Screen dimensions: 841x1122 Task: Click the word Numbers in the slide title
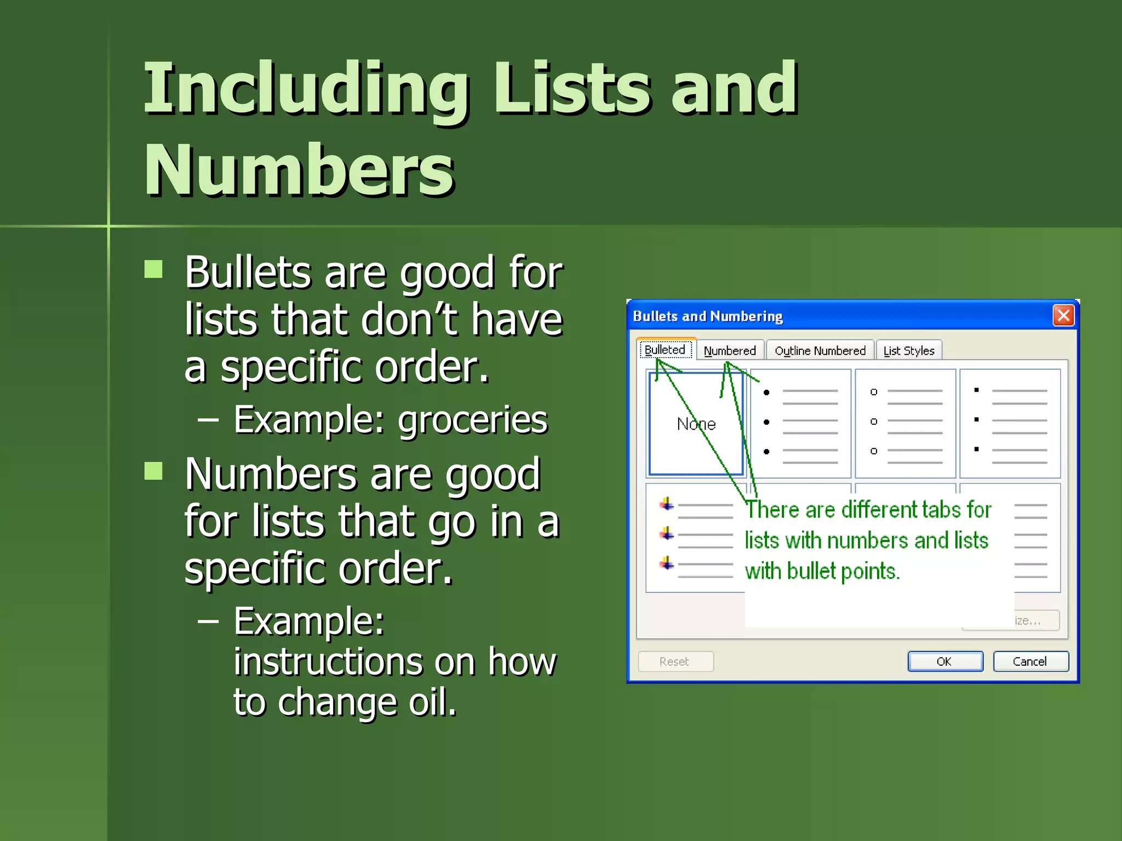click(299, 170)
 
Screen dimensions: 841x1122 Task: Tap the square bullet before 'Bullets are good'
click(153, 269)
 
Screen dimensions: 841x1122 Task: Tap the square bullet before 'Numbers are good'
click(153, 471)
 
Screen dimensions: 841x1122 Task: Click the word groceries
click(472, 420)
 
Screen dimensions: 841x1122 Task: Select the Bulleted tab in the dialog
click(665, 350)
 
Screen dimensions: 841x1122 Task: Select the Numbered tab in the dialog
click(729, 350)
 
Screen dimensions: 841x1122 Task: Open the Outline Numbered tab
click(820, 350)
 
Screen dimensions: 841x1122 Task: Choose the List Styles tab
click(908, 350)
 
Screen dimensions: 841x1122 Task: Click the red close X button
click(1063, 315)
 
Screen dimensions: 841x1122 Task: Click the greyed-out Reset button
click(675, 661)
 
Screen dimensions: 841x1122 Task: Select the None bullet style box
click(696, 424)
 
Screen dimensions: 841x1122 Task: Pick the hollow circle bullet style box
click(905, 424)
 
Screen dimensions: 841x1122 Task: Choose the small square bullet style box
click(1010, 424)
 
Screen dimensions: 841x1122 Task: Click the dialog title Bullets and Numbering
click(707, 316)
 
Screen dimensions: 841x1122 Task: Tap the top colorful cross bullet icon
click(667, 504)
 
